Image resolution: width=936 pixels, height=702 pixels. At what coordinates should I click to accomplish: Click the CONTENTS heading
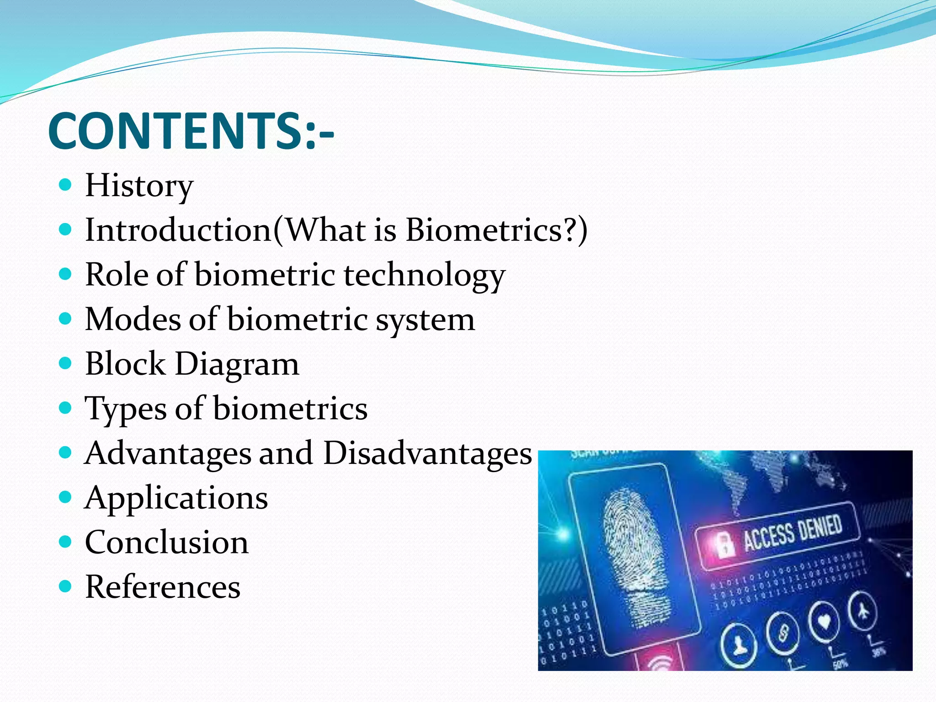(x=191, y=131)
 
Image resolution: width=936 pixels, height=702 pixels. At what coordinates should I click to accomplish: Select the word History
(x=139, y=186)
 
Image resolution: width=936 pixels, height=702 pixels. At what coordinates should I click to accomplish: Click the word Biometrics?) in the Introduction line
(x=496, y=230)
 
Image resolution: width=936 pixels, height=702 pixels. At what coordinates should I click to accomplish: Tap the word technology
(x=424, y=275)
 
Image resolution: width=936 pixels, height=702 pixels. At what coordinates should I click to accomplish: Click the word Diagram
(x=237, y=364)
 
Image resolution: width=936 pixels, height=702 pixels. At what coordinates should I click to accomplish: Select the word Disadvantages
(x=427, y=453)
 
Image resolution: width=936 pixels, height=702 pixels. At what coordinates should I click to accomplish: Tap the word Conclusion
(x=166, y=542)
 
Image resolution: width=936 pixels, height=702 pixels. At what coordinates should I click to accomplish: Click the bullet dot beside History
(x=66, y=185)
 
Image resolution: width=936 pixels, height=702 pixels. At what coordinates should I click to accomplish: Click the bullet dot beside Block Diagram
(x=66, y=363)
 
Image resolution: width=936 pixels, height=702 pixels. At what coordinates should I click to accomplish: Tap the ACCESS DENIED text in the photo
(x=792, y=532)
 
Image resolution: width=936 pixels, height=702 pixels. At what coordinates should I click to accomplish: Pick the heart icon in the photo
(x=824, y=622)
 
